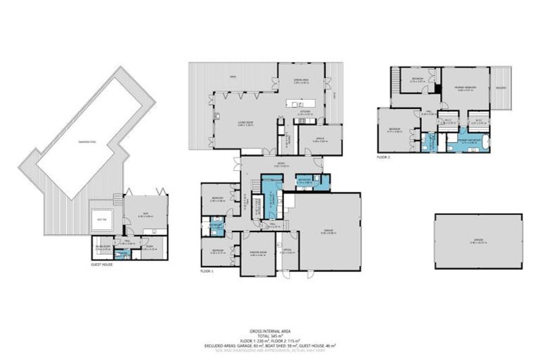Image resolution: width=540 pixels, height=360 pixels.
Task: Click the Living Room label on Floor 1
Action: click(x=245, y=125)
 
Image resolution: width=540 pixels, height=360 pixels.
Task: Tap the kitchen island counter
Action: click(x=304, y=103)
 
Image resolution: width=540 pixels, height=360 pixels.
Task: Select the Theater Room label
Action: click(x=257, y=254)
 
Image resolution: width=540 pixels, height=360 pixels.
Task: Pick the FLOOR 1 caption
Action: click(x=207, y=270)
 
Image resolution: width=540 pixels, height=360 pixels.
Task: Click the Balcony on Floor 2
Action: click(x=501, y=88)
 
